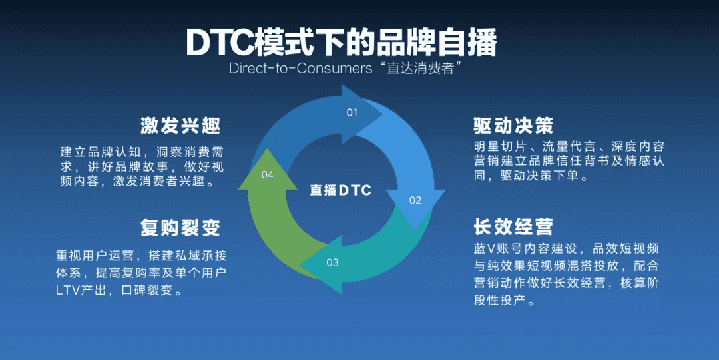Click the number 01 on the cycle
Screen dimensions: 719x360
pyautogui.click(x=352, y=113)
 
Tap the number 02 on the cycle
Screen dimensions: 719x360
pyautogui.click(x=415, y=200)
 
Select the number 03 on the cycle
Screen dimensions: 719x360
pyautogui.click(x=332, y=263)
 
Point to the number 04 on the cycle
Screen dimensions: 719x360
pyautogui.click(x=268, y=175)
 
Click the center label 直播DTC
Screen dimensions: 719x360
pyautogui.click(x=340, y=190)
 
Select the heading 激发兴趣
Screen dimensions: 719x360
pyautogui.click(x=180, y=126)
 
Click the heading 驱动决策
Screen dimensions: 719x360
pyautogui.click(x=513, y=126)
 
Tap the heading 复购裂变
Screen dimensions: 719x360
pyautogui.click(x=180, y=228)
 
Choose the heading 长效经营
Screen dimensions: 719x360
pyautogui.click(x=513, y=226)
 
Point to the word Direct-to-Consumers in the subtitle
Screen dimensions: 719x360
pyautogui.click(x=301, y=69)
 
